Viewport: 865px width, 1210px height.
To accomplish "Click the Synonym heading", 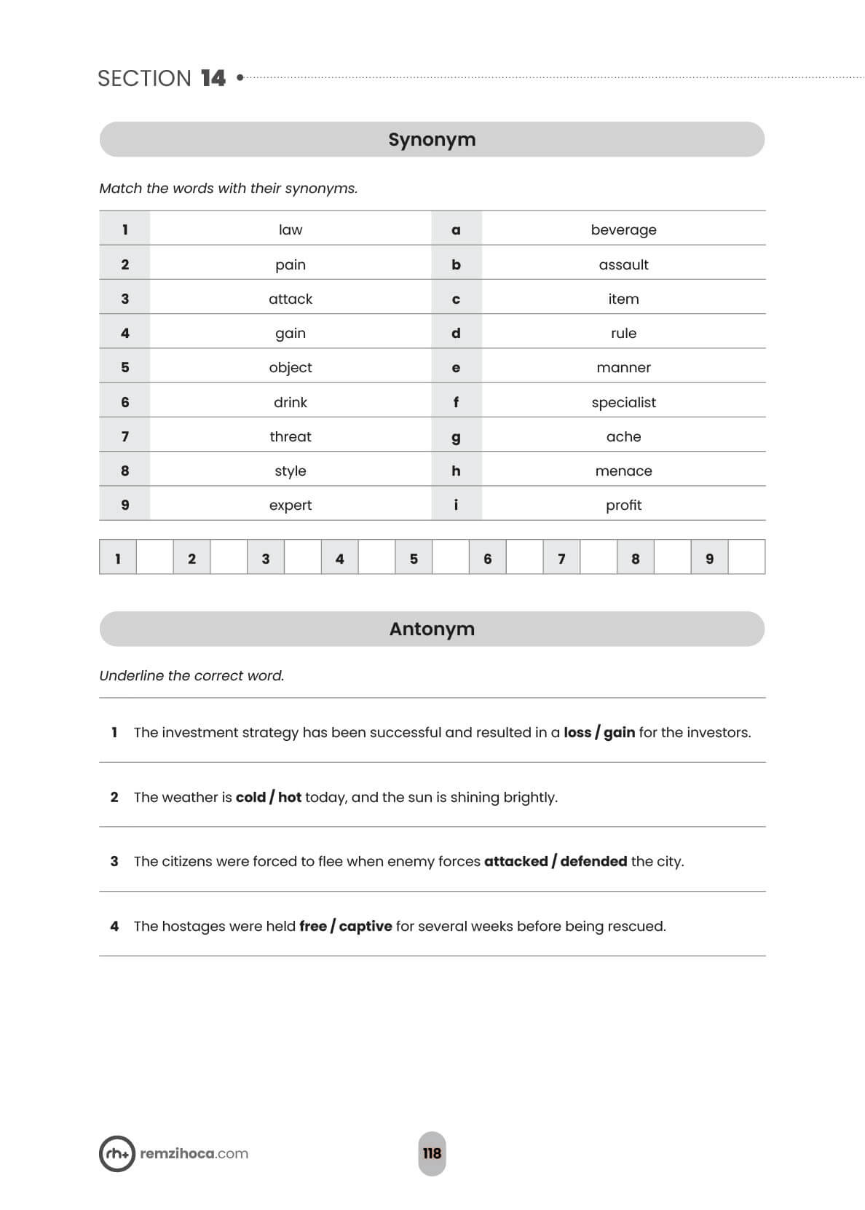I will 432,139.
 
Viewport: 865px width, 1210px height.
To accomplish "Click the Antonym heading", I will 432,629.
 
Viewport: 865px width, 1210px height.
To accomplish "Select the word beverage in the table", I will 623,229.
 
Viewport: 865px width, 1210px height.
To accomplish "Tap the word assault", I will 623,264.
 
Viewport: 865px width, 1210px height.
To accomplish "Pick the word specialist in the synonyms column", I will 623,402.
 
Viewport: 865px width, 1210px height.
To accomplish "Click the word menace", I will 623,471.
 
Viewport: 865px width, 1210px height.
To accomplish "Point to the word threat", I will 290,436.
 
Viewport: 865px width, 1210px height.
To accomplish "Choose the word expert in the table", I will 290,505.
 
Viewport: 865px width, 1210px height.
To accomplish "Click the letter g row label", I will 456,437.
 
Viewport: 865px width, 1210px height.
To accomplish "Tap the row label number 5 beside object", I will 125,368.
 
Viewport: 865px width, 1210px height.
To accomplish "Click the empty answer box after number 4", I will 376,558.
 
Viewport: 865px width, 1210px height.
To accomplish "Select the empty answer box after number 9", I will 746,558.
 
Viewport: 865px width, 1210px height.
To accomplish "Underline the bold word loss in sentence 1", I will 577,733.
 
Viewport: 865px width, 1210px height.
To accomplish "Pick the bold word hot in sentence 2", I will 290,797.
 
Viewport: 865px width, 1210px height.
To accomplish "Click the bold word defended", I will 593,861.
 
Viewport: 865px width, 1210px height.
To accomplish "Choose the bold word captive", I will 366,926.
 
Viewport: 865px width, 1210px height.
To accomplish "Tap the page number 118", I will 432,1153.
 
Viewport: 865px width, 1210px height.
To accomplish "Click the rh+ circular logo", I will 116,1153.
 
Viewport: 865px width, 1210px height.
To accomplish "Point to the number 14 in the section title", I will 213,78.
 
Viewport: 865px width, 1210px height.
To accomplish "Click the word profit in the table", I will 623,505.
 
